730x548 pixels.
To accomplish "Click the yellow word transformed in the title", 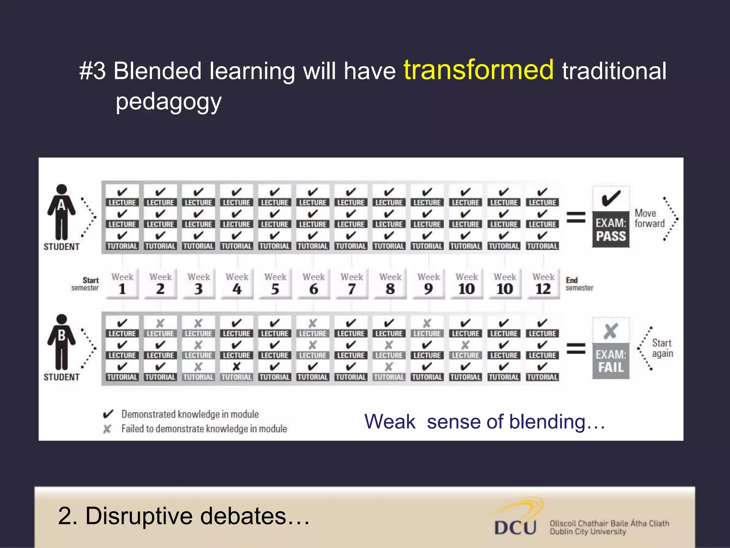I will click(x=478, y=70).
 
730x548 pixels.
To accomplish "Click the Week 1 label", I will click(x=122, y=284).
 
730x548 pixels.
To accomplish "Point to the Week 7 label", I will click(x=352, y=284).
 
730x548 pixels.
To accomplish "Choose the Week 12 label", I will click(x=543, y=284).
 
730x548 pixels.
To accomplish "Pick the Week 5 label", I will click(x=275, y=284).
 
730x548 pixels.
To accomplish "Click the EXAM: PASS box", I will click(x=611, y=230).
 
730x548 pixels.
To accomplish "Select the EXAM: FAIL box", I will click(x=611, y=361).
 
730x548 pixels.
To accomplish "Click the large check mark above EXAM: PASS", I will click(x=611, y=198).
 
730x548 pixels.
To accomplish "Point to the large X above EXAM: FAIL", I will click(x=611, y=331).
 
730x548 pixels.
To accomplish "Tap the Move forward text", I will click(x=649, y=218).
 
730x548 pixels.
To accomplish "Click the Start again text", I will click(x=662, y=348).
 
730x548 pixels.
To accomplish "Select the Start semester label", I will click(x=86, y=284).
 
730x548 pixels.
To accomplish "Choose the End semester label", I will click(x=579, y=284).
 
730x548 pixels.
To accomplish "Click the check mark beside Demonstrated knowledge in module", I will click(x=108, y=414).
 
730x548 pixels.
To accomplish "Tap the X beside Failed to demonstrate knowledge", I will click(x=107, y=429).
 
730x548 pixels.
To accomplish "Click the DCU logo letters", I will click(x=515, y=528).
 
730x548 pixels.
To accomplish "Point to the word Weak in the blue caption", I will click(x=390, y=422).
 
